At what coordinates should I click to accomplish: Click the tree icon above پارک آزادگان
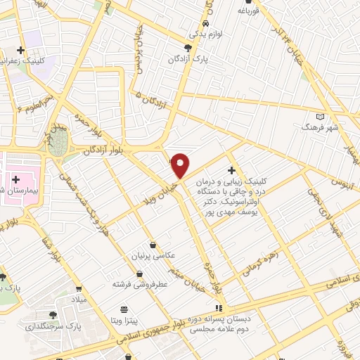[186, 47]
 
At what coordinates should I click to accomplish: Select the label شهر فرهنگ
[321, 127]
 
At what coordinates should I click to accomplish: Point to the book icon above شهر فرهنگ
[321, 116]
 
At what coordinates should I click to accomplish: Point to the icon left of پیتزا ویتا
[124, 309]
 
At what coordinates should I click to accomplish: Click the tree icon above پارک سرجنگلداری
[54, 315]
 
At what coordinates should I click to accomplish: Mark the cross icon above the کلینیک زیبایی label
[231, 170]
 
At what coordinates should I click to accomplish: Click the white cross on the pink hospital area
[15, 180]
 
